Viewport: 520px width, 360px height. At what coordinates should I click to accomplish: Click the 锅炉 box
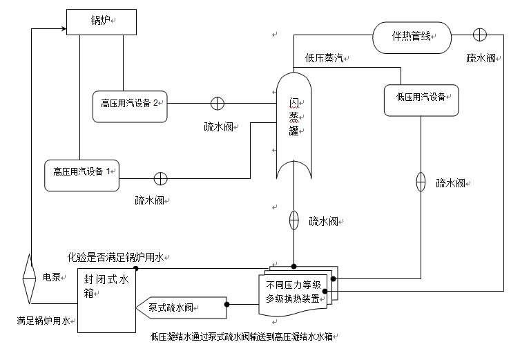100,21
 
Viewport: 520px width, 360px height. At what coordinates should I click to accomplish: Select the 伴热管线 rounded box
412,37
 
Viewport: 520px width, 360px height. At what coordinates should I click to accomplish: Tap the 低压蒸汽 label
325,59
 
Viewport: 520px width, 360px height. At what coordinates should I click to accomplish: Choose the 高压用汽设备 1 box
81,171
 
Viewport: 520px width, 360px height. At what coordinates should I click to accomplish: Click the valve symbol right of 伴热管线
479,35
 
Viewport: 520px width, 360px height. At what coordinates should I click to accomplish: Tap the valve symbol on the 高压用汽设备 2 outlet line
217,104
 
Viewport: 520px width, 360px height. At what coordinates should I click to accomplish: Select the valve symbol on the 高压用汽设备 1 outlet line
160,179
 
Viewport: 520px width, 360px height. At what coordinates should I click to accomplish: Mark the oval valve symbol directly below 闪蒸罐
293,220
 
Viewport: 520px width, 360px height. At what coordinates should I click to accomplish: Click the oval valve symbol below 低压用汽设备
421,183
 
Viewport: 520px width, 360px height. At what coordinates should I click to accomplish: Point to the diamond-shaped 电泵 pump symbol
29,278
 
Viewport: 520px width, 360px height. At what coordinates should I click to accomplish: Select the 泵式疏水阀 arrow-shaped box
182,305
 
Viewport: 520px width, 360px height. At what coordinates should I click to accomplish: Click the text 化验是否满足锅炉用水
115,258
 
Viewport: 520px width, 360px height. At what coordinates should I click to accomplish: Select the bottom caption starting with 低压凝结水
245,337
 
